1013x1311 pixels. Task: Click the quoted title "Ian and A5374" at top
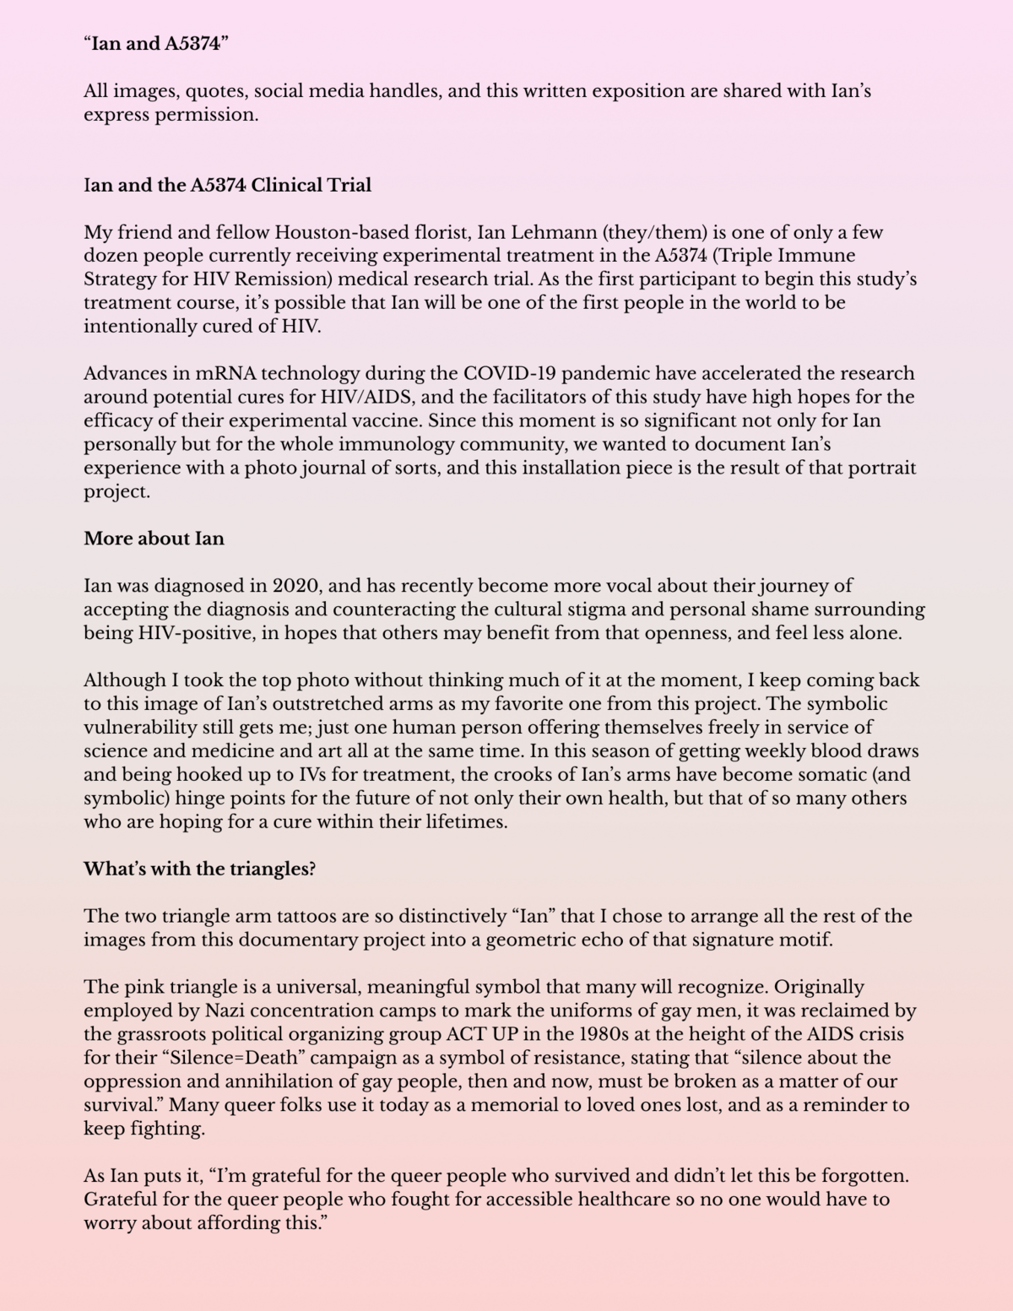[x=156, y=44]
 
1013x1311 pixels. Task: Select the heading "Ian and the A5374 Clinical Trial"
[x=227, y=185]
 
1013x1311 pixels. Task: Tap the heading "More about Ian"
[x=154, y=539]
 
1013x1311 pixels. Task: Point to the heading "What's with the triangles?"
[x=199, y=869]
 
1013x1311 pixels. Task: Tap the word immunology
[x=383, y=444]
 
